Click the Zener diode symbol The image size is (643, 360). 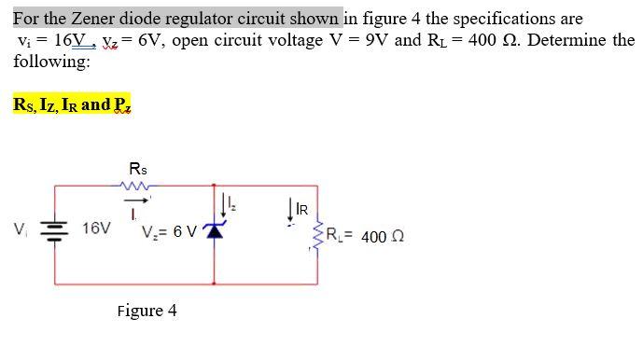[x=216, y=230]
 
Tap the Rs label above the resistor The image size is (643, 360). [x=138, y=169]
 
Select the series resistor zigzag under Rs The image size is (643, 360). [x=138, y=185]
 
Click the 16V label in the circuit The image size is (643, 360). [x=95, y=228]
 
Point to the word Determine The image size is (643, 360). [x=572, y=41]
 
